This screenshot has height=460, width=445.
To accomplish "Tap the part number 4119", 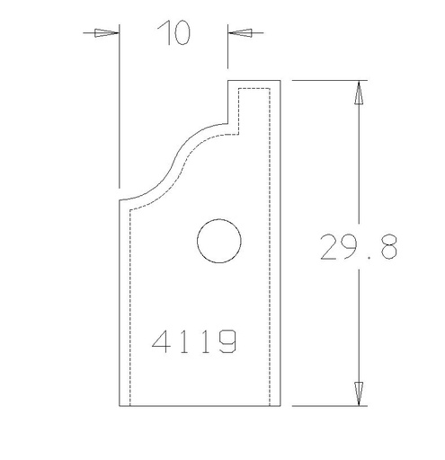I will [194, 341].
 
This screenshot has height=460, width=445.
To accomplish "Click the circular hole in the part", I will [219, 242].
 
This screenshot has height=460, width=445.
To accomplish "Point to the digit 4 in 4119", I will [163, 341].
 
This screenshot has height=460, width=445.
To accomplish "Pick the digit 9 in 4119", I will [227, 341].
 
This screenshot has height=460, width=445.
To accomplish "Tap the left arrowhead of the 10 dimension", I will [107, 33].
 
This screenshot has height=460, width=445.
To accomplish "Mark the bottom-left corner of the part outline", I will [119, 405].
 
